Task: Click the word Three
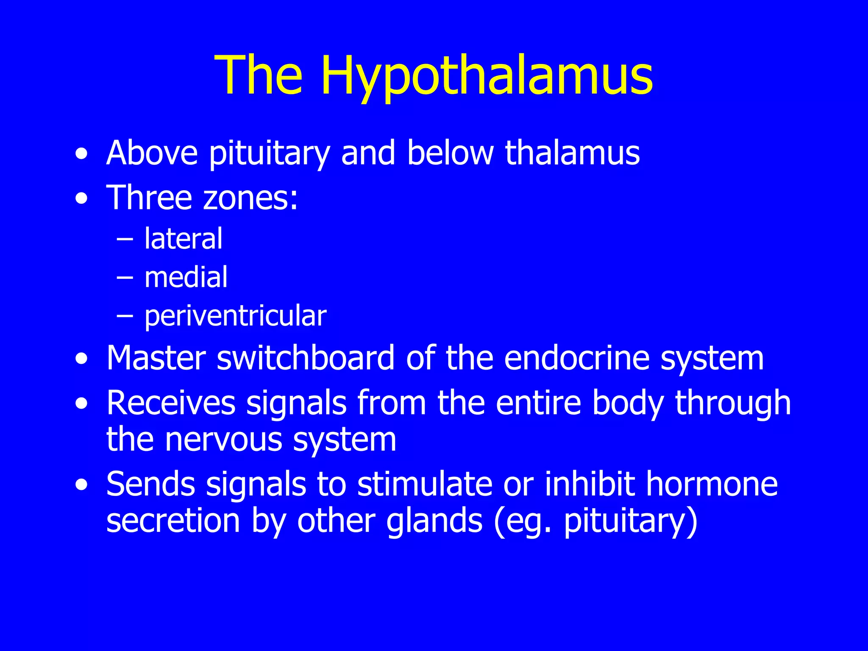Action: pos(149,198)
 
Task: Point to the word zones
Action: pos(250,198)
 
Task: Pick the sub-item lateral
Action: pos(183,239)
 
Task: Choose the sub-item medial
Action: pos(186,278)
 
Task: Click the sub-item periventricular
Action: pos(235,316)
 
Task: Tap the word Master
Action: pos(156,359)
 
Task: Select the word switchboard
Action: pos(306,359)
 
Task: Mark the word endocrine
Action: pos(577,359)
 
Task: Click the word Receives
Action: pos(171,403)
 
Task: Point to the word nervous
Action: pos(223,440)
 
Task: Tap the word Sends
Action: pos(150,484)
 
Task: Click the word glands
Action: pos(434,521)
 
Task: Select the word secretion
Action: pos(173,521)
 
